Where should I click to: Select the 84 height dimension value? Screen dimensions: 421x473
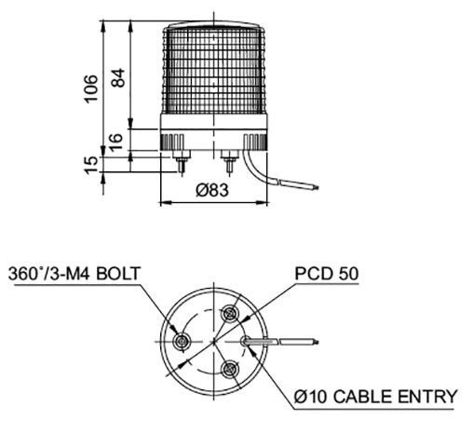point(115,78)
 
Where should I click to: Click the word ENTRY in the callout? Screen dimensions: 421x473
point(425,398)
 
